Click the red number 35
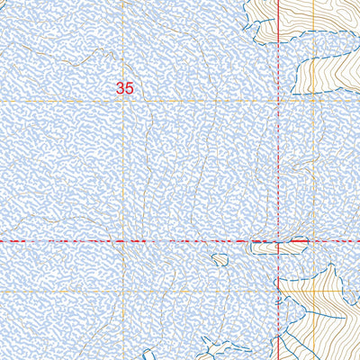pyautogui.click(x=125, y=88)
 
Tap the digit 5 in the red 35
pyautogui.click(x=130, y=88)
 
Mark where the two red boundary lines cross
pyautogui.click(x=281, y=241)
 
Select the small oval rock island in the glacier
pyautogui.click(x=220, y=260)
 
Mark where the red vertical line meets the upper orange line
pyautogui.click(x=281, y=102)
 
